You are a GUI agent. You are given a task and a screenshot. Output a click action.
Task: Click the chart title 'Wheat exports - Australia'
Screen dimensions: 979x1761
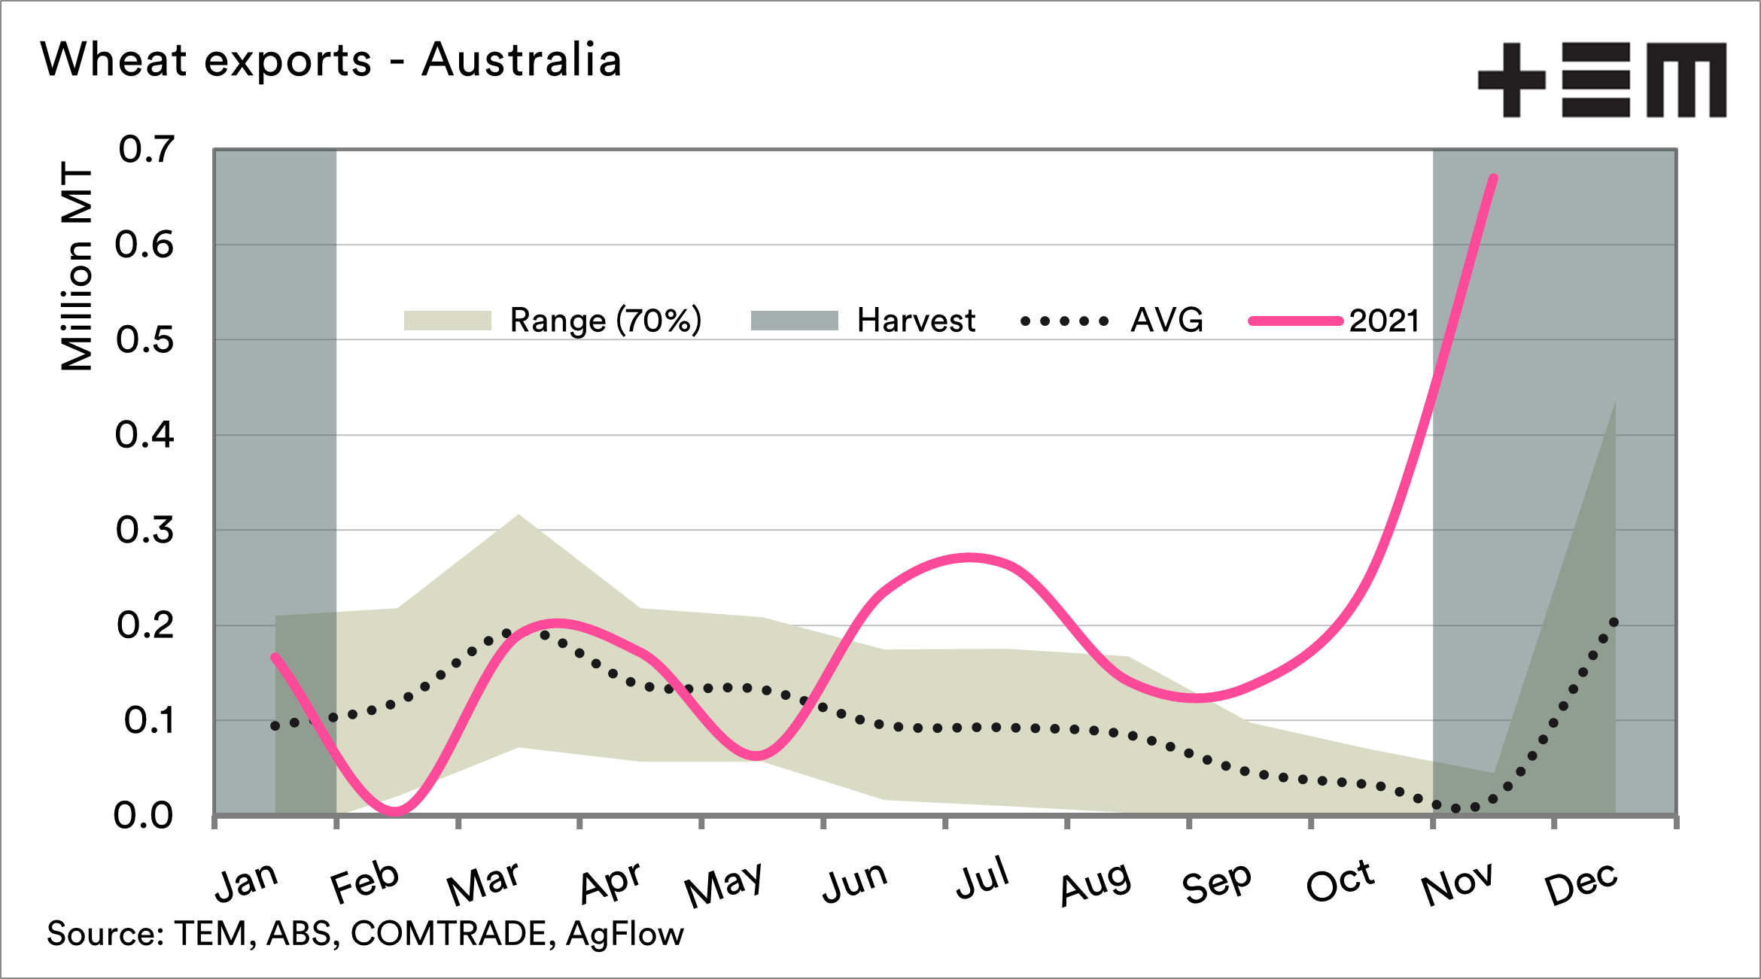pos(331,60)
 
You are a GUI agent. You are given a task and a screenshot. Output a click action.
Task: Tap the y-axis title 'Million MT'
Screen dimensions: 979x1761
pos(77,266)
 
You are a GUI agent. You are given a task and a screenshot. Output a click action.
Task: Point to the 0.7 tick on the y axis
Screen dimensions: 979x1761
pos(146,150)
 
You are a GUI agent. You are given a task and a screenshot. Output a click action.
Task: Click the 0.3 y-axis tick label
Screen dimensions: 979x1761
pos(144,531)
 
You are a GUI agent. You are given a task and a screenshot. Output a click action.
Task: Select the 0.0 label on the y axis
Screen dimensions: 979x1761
pos(143,816)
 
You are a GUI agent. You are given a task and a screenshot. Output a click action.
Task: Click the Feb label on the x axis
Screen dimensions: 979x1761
pos(365,882)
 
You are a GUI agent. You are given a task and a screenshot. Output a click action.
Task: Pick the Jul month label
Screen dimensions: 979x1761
pos(982,878)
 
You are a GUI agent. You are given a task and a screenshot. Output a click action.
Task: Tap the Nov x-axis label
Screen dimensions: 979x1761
pos(1457,883)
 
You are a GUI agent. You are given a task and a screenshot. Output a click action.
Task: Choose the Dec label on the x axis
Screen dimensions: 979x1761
pos(1580,883)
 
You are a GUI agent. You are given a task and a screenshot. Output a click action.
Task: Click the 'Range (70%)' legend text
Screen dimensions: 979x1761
pos(606,321)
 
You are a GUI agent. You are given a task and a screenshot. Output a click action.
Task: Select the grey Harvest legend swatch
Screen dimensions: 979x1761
pos(794,321)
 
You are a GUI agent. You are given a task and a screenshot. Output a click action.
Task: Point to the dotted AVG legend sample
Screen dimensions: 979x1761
pos(1064,321)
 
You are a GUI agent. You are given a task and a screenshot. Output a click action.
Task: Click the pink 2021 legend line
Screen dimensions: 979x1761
pos(1295,321)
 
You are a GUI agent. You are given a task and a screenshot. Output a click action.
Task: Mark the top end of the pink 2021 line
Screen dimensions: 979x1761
pos(1494,178)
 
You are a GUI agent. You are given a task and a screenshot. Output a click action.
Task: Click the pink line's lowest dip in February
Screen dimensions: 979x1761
pos(396,811)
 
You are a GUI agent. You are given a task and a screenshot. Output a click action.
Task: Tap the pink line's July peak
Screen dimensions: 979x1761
pos(970,558)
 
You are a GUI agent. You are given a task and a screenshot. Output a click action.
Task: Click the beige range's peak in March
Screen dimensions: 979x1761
pos(519,516)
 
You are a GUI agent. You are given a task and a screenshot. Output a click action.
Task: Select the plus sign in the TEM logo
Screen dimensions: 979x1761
pos(1512,80)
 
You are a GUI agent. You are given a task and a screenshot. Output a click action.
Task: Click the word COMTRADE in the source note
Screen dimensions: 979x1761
pos(449,934)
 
